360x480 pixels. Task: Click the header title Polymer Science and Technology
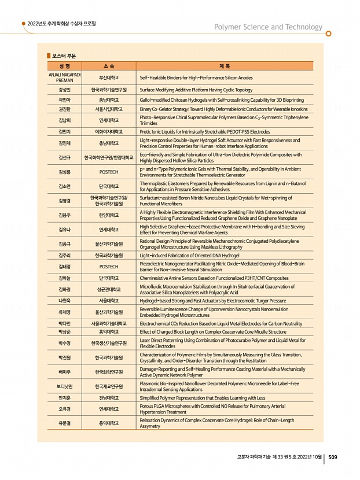pyautogui.click(x=268, y=27)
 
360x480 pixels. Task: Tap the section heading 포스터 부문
pyautogui.click(x=63, y=56)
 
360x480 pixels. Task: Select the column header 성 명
pyautogui.click(x=64, y=67)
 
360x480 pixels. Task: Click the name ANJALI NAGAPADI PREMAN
pyautogui.click(x=64, y=77)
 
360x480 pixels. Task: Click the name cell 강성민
pyautogui.click(x=64, y=90)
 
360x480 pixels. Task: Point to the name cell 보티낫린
pyautogui.click(x=64, y=386)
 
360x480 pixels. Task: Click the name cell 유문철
pyautogui.click(x=64, y=423)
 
